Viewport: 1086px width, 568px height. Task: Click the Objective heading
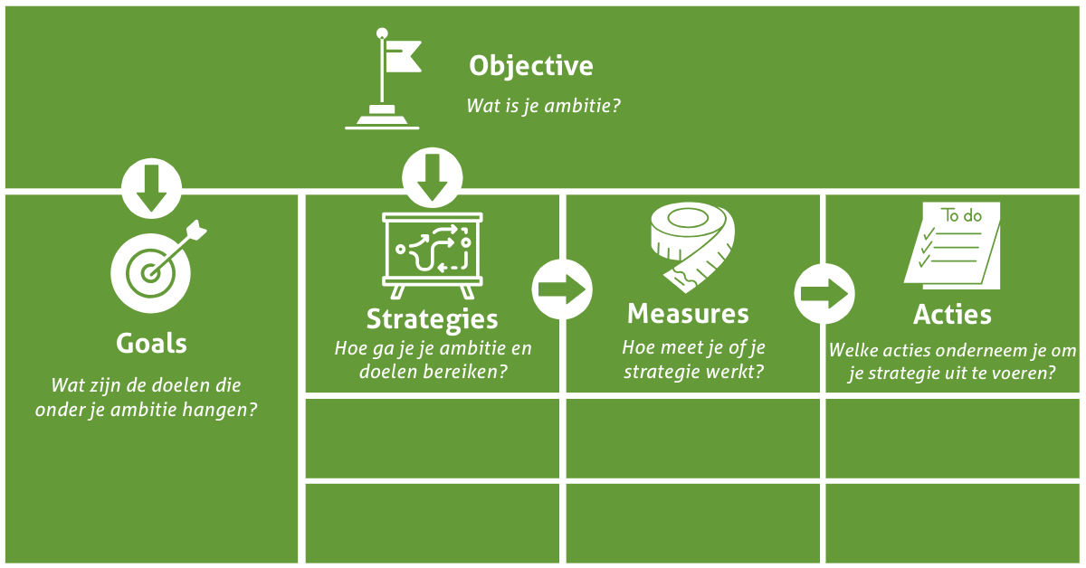pos(530,66)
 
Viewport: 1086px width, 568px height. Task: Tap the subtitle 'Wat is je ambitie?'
pos(543,105)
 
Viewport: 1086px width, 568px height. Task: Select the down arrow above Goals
pos(151,189)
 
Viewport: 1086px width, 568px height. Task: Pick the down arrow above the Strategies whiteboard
pos(432,176)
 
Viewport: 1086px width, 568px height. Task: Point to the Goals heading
pos(151,344)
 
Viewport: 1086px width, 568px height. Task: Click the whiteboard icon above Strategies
pos(433,254)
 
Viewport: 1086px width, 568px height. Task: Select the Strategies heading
pos(432,318)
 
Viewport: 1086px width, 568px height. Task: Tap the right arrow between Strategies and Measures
pos(561,289)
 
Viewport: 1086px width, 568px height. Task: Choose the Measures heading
pos(688,314)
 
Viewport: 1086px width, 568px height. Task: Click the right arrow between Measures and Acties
pos(824,292)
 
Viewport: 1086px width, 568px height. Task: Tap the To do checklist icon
pos(954,245)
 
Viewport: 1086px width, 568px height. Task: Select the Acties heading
pos(952,315)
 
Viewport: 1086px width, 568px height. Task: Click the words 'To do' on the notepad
pos(962,216)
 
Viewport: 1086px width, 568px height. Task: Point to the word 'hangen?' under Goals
pos(222,409)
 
